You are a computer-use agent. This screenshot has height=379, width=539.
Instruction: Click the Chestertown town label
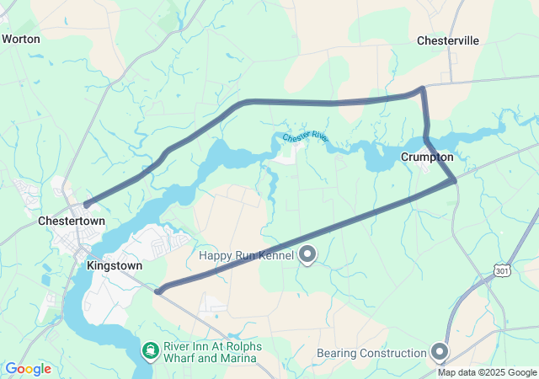pyautogui.click(x=72, y=221)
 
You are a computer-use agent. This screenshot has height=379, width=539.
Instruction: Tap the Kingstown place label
pyautogui.click(x=115, y=264)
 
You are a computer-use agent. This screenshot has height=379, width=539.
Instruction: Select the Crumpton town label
pyautogui.click(x=427, y=157)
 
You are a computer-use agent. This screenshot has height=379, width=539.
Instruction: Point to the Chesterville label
pyautogui.click(x=448, y=40)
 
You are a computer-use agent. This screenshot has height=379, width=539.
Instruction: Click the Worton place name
pyautogui.click(x=21, y=39)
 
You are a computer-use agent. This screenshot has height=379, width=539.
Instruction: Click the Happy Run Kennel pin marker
pyautogui.click(x=308, y=254)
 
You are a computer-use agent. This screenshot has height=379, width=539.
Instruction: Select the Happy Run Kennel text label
pyautogui.click(x=246, y=255)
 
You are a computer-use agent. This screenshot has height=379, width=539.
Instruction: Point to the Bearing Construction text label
pyautogui.click(x=371, y=353)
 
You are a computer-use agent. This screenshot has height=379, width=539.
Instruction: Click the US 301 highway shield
pyautogui.click(x=502, y=270)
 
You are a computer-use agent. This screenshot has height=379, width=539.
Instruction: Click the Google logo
pyautogui.click(x=28, y=369)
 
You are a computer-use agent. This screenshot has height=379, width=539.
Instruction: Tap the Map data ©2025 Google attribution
pyautogui.click(x=487, y=372)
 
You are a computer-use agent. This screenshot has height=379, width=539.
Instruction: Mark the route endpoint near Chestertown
pyautogui.click(x=86, y=205)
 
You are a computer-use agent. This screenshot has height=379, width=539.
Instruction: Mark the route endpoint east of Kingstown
pyautogui.click(x=158, y=291)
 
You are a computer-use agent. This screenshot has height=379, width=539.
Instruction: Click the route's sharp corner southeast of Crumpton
pyautogui.click(x=455, y=180)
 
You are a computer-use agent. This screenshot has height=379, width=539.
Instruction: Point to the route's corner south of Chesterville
pyautogui.click(x=422, y=88)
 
